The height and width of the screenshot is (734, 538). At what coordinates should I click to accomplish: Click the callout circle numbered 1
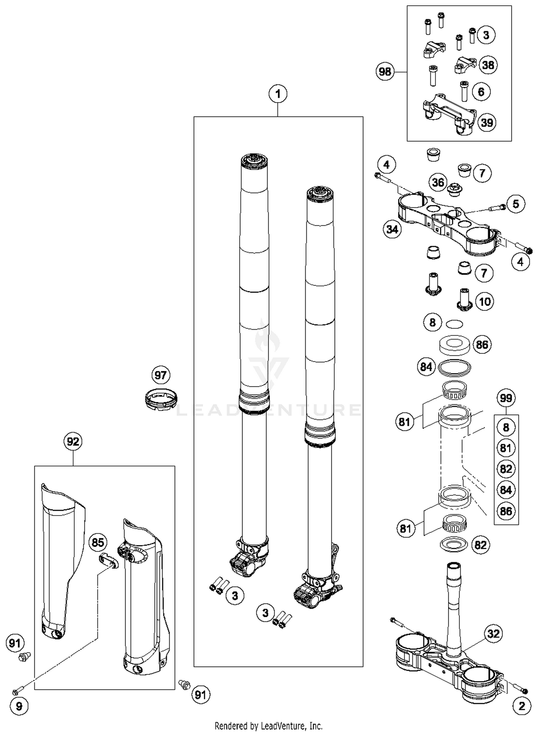click(278, 94)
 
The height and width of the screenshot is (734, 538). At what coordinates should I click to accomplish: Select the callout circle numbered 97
click(160, 375)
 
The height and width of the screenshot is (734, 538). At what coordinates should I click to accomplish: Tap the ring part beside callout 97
click(161, 399)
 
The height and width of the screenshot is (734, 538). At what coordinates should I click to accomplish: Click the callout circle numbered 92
click(73, 441)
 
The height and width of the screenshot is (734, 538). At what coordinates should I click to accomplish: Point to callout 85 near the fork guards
click(98, 542)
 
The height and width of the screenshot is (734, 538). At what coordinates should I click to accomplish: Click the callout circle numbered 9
click(19, 706)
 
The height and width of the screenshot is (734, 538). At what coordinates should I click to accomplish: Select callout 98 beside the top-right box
click(385, 72)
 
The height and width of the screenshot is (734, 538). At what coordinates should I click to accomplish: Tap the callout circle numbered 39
click(487, 123)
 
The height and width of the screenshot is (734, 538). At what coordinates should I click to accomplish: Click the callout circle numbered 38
click(488, 65)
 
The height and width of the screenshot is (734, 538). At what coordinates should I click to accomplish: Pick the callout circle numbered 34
click(392, 229)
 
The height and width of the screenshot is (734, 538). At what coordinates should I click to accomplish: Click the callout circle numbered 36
click(438, 182)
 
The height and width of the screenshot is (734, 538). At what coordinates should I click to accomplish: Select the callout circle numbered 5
click(515, 204)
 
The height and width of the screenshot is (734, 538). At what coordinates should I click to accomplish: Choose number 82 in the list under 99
click(506, 469)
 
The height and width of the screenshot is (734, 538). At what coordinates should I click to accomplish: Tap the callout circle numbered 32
click(493, 634)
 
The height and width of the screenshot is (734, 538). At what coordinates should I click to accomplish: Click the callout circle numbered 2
click(522, 706)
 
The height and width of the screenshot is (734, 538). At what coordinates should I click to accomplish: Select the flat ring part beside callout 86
click(455, 345)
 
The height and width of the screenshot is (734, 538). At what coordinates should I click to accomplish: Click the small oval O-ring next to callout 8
click(454, 324)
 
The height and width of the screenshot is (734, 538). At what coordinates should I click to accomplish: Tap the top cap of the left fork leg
click(254, 160)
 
